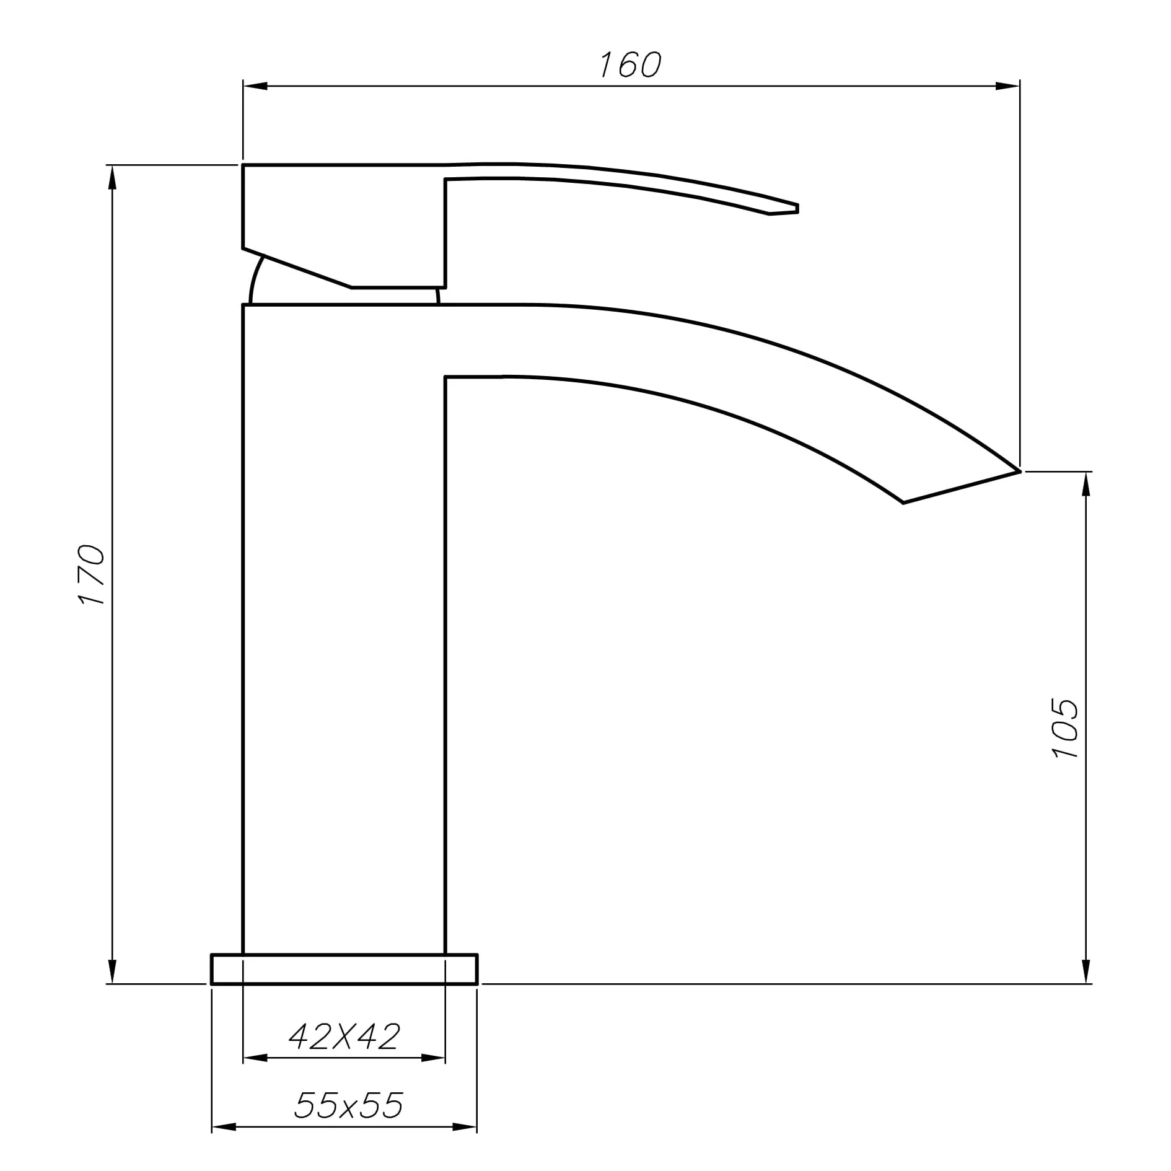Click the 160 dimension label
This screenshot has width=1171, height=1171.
click(631, 64)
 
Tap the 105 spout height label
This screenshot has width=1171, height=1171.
click(1065, 728)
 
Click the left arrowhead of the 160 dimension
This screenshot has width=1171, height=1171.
click(254, 86)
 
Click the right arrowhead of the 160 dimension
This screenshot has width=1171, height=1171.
click(1007, 86)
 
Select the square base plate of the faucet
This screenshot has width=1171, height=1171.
click(344, 969)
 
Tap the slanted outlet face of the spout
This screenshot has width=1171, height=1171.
click(960, 488)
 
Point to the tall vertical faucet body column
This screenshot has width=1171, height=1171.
click(344, 620)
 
